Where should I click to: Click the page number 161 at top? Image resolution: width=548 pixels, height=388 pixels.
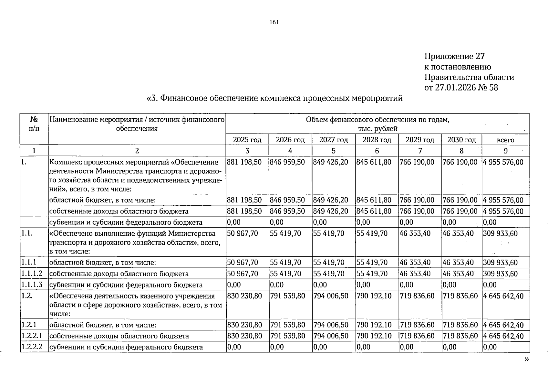tap(274, 22)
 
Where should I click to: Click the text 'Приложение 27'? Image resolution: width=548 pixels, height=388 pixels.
tap(454, 57)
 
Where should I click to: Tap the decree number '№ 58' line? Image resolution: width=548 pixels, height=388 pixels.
tap(461, 88)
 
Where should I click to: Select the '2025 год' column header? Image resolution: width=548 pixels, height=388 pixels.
tap(247, 140)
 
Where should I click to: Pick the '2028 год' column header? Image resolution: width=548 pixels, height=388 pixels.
tap(377, 140)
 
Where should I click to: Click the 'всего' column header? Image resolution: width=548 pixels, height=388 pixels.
tap(505, 140)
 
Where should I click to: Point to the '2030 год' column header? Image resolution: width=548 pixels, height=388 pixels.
tap(461, 140)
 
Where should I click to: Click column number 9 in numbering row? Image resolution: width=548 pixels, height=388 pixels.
tap(505, 151)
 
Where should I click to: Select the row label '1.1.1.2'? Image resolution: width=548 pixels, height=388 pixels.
tap(32, 274)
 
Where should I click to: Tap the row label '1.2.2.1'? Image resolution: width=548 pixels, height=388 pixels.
tap(32, 336)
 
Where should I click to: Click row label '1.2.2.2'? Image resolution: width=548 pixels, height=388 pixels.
tap(32, 347)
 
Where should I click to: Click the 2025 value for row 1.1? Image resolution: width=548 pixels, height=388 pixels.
tap(243, 233)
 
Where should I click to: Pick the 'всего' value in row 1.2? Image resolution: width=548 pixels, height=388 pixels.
tap(503, 296)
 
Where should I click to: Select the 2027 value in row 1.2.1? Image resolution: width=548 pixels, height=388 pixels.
tap(331, 325)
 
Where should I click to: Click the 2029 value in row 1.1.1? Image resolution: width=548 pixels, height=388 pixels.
tap(415, 263)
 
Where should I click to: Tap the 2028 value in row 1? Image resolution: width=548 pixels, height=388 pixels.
tap(374, 162)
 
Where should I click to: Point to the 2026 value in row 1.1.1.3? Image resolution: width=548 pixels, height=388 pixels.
tap(277, 285)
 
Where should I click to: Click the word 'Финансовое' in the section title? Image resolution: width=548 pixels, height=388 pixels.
tap(184, 98)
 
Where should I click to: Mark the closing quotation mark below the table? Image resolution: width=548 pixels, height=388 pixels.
tap(527, 359)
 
